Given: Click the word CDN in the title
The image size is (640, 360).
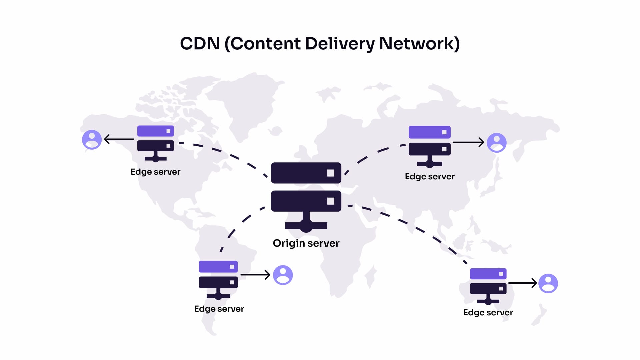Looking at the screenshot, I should (x=200, y=44).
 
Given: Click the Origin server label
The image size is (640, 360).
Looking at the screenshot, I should (x=306, y=243).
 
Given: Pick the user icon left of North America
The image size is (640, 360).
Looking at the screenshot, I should (x=92, y=139).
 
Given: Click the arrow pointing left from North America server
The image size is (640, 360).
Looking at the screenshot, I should (x=119, y=139).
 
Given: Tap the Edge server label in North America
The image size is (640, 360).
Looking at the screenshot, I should (x=155, y=172).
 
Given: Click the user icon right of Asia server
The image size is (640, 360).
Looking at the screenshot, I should (x=497, y=143).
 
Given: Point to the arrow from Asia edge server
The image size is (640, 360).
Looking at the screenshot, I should (x=468, y=142).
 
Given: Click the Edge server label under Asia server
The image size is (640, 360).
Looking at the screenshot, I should (x=430, y=176).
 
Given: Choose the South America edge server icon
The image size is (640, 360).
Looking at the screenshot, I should (x=218, y=279).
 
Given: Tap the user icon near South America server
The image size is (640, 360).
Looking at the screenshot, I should (x=283, y=275).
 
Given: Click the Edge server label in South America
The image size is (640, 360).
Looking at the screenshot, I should (x=219, y=309).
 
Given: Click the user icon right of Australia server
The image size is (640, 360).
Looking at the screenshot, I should (x=548, y=283).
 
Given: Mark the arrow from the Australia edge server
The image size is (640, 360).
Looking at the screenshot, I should (x=522, y=283).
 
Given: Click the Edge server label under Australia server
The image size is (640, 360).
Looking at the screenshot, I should (x=488, y=312).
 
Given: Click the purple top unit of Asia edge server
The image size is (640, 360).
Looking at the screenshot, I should (x=430, y=132).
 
